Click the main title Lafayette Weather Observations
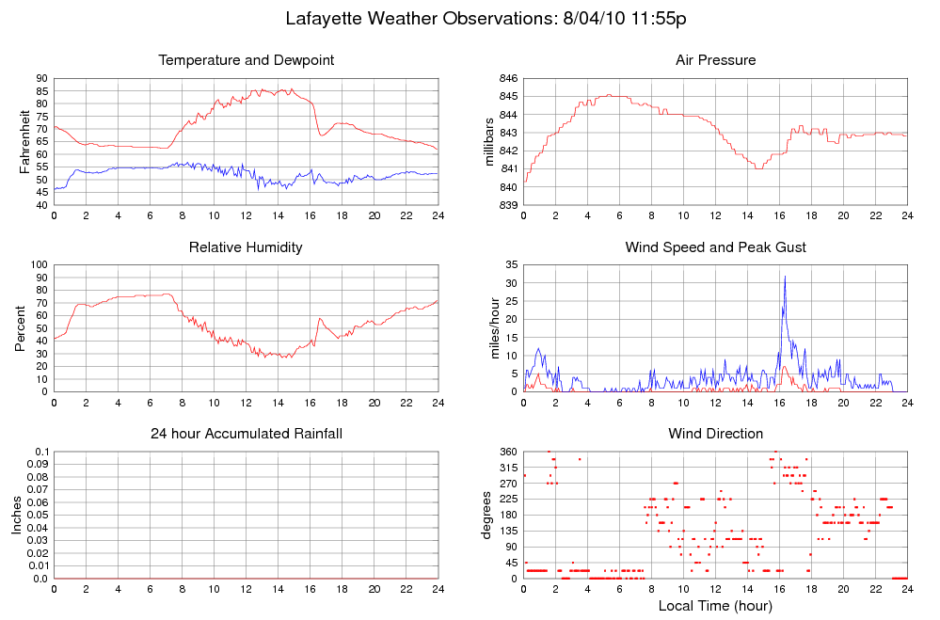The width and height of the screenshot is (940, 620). coord(421,18)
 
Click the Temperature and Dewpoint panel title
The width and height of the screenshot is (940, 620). coord(247,60)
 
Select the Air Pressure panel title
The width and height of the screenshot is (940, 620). coord(716,60)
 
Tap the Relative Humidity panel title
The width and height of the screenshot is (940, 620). coord(246,247)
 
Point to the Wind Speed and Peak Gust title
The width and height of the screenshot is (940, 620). coord(716,247)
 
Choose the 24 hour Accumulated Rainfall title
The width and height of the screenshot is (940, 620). coord(247,434)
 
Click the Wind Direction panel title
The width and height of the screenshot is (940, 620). coord(716,434)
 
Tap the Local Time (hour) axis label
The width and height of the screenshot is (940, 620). coord(715,606)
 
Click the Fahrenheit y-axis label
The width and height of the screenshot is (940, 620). coord(24,141)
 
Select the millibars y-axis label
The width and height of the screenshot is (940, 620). coord(489,142)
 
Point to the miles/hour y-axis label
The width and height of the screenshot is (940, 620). coord(495,328)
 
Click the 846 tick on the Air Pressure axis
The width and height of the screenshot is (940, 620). coord(508,78)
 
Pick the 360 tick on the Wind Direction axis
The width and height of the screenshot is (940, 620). coord(509,452)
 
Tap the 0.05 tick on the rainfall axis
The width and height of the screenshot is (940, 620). coord(38,515)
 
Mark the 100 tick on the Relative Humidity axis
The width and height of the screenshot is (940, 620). coord(39,265)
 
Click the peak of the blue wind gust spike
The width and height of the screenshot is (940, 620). coord(785,277)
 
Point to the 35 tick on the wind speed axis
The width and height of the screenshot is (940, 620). coord(511,265)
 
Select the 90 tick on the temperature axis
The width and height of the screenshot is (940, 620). coord(42,78)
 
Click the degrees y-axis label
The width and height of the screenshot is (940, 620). coord(486,515)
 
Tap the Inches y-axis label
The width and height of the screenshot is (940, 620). coord(17,515)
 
